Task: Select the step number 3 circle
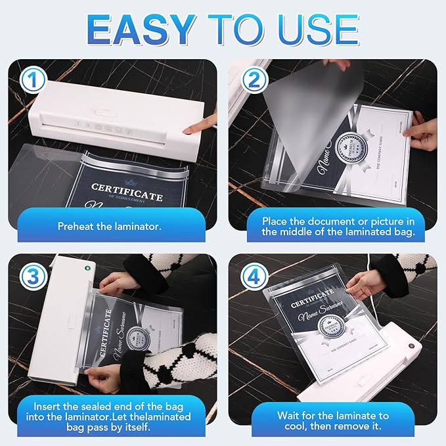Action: click(x=30, y=276)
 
